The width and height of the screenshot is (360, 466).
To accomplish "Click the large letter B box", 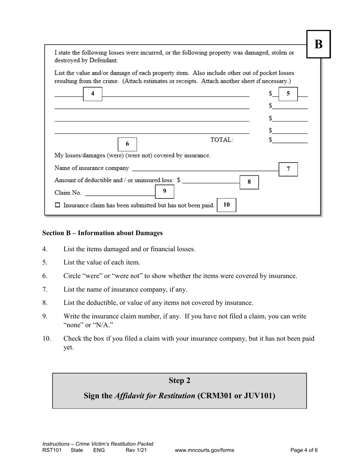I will (x=318, y=44).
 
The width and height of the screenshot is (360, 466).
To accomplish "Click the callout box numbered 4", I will (x=92, y=94).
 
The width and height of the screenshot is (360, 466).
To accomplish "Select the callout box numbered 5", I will (x=288, y=94).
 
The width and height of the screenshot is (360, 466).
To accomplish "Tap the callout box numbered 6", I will (x=127, y=144).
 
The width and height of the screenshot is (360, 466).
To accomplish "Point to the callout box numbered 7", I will (x=288, y=169).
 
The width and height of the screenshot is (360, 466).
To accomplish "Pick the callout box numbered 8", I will (x=249, y=182).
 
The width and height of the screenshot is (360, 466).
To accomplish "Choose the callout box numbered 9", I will (x=164, y=191).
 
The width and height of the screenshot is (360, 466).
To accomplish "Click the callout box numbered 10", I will (x=227, y=205).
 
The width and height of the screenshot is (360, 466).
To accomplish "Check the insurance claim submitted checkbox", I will (x=58, y=205).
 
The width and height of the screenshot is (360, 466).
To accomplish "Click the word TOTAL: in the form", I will (x=222, y=140).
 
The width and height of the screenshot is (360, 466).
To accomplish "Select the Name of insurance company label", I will (x=92, y=168).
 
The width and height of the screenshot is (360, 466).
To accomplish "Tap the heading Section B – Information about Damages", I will (x=102, y=233).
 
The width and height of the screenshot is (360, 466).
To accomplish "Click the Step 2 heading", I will (x=179, y=381).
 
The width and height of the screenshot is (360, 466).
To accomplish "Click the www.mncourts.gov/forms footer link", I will (x=204, y=450).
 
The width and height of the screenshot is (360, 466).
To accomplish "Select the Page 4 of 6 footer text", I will (x=304, y=450).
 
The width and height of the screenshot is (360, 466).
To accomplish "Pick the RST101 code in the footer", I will (x=52, y=450).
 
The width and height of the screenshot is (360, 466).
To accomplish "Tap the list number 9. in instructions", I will (x=45, y=316).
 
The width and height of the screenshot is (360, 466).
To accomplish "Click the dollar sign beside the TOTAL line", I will (x=271, y=140).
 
